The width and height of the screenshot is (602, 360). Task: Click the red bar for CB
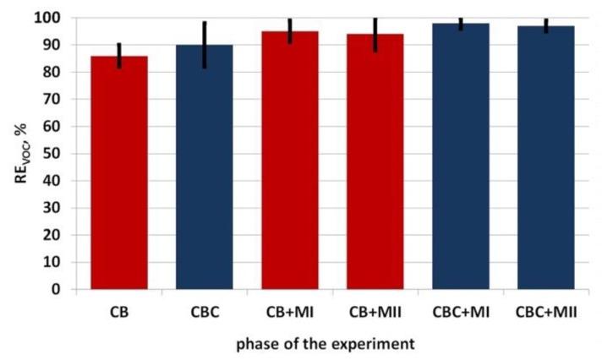coord(119,173)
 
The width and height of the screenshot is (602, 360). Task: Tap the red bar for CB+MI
coord(290,161)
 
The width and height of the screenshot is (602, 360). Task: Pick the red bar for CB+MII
coord(375,162)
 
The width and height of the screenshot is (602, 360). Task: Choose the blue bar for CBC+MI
coord(461,156)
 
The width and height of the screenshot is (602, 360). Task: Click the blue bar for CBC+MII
coord(546,158)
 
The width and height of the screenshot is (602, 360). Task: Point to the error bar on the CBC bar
coord(205,46)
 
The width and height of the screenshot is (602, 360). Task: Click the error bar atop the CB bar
coord(119,56)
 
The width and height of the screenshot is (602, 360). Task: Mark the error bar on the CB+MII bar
coord(375,35)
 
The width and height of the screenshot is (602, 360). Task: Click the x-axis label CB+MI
coord(290,313)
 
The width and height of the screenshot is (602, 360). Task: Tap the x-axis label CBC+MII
coord(546,313)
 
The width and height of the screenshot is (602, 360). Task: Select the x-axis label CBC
coord(205,313)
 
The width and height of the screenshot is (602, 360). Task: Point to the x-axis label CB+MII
coord(375,313)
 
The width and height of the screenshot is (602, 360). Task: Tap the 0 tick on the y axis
coord(63,289)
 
